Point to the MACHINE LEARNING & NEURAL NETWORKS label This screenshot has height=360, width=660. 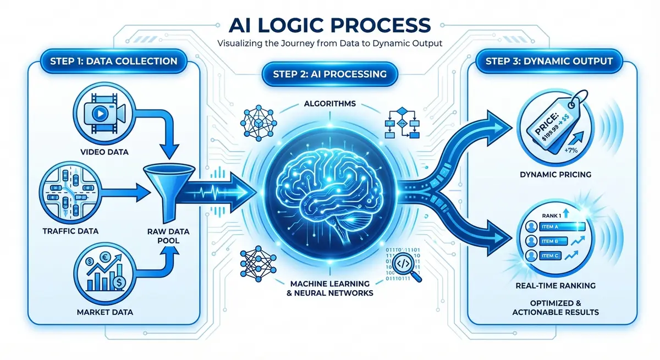tap(331, 287)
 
